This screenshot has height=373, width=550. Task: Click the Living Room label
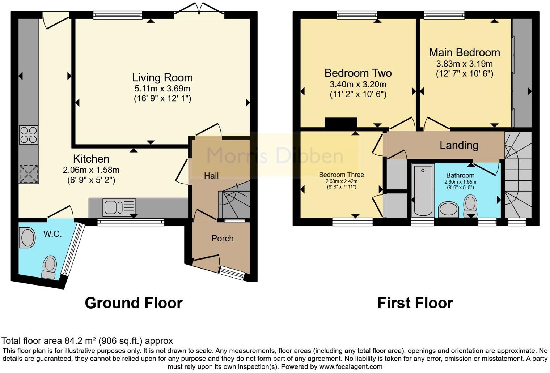[162, 77]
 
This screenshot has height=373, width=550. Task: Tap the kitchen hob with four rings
[29, 135]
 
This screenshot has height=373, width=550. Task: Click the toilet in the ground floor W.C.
[49, 267]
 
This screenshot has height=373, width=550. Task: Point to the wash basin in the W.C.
[27, 238]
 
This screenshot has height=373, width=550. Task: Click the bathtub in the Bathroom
[423, 190]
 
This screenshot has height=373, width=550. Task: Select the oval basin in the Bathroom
[448, 210]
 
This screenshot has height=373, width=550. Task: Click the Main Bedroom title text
[464, 52]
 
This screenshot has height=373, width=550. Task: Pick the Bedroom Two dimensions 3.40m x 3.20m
[358, 85]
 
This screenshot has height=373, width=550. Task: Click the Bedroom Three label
[341, 175]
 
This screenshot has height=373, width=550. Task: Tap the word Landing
[459, 145]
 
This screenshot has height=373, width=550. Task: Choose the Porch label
[223, 239]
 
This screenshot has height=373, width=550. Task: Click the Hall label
[211, 176]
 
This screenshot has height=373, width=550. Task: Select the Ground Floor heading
[134, 303]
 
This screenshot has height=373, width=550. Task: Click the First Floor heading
[415, 303]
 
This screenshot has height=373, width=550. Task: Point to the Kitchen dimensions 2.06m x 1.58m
[91, 170]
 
